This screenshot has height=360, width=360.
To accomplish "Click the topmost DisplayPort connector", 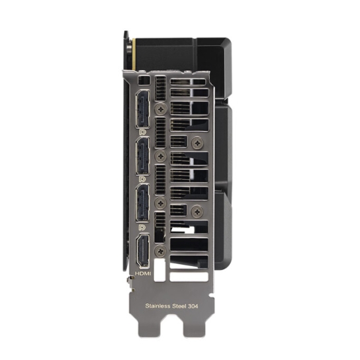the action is [142, 109].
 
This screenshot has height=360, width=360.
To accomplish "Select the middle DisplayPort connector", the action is [142, 156].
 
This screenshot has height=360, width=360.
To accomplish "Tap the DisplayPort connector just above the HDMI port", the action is [142, 203].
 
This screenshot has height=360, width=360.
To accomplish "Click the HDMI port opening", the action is [143, 251].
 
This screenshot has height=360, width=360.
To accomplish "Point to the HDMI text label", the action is [143, 273].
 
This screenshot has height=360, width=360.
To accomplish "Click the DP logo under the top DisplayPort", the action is [142, 133].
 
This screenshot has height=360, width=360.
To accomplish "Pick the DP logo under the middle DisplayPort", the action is [142, 179].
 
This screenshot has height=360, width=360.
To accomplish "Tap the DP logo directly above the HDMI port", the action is [142, 227].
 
